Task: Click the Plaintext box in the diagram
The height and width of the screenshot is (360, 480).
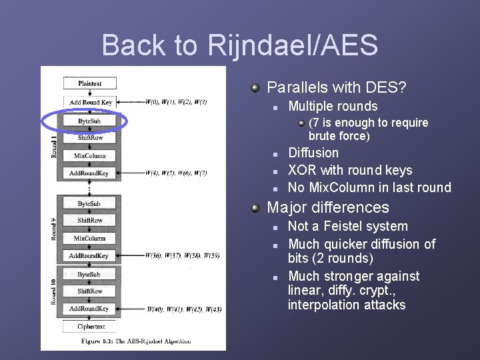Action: [89, 83]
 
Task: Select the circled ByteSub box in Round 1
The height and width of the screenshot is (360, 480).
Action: [89, 121]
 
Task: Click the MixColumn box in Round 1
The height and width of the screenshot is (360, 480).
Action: [89, 155]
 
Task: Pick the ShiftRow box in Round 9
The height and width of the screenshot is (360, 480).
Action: [89, 221]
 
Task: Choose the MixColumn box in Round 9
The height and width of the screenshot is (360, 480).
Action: [89, 238]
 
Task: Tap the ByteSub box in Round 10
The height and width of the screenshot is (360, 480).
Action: [89, 275]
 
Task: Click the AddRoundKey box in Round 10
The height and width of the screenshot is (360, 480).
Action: [89, 309]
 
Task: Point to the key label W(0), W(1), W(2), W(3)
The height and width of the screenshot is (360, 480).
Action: [176, 102]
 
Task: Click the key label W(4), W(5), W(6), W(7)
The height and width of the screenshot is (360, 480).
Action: [176, 173]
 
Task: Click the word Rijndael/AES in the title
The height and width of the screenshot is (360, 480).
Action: [293, 45]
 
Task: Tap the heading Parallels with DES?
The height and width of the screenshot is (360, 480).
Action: [337, 87]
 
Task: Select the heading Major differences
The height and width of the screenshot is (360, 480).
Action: [327, 207]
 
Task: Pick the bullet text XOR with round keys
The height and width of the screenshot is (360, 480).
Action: [350, 171]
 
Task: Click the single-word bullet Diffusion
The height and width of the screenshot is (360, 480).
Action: [313, 153]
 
